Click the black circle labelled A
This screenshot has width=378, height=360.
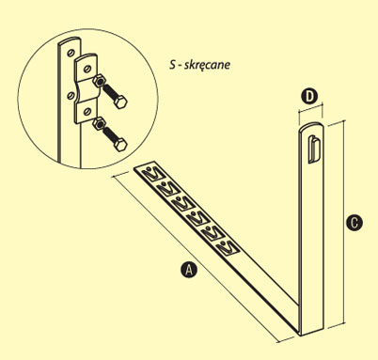coord(189,270)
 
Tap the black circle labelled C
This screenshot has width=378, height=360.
coord(354,223)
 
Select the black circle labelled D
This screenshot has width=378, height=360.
coord(309,97)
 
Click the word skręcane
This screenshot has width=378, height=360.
coord(207,65)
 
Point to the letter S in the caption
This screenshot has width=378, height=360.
coord(173,64)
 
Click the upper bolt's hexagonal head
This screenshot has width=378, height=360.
coord(119,102)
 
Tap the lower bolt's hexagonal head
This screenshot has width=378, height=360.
coord(119,145)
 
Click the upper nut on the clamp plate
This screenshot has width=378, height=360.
coord(99,82)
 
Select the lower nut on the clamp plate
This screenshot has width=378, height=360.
coord(99,124)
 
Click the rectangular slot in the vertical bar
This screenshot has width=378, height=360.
coord(314,149)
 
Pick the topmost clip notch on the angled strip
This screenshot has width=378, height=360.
coord(151,174)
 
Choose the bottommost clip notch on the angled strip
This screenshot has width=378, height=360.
coord(228,247)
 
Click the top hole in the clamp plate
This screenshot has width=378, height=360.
coord(88,68)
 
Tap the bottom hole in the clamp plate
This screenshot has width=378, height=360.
coord(87,111)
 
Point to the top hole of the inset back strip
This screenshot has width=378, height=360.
coord(71,53)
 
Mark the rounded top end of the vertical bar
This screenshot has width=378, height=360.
coord(310,126)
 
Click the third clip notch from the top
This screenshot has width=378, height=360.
coord(181,203)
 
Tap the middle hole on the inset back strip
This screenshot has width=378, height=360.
coord(71,96)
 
